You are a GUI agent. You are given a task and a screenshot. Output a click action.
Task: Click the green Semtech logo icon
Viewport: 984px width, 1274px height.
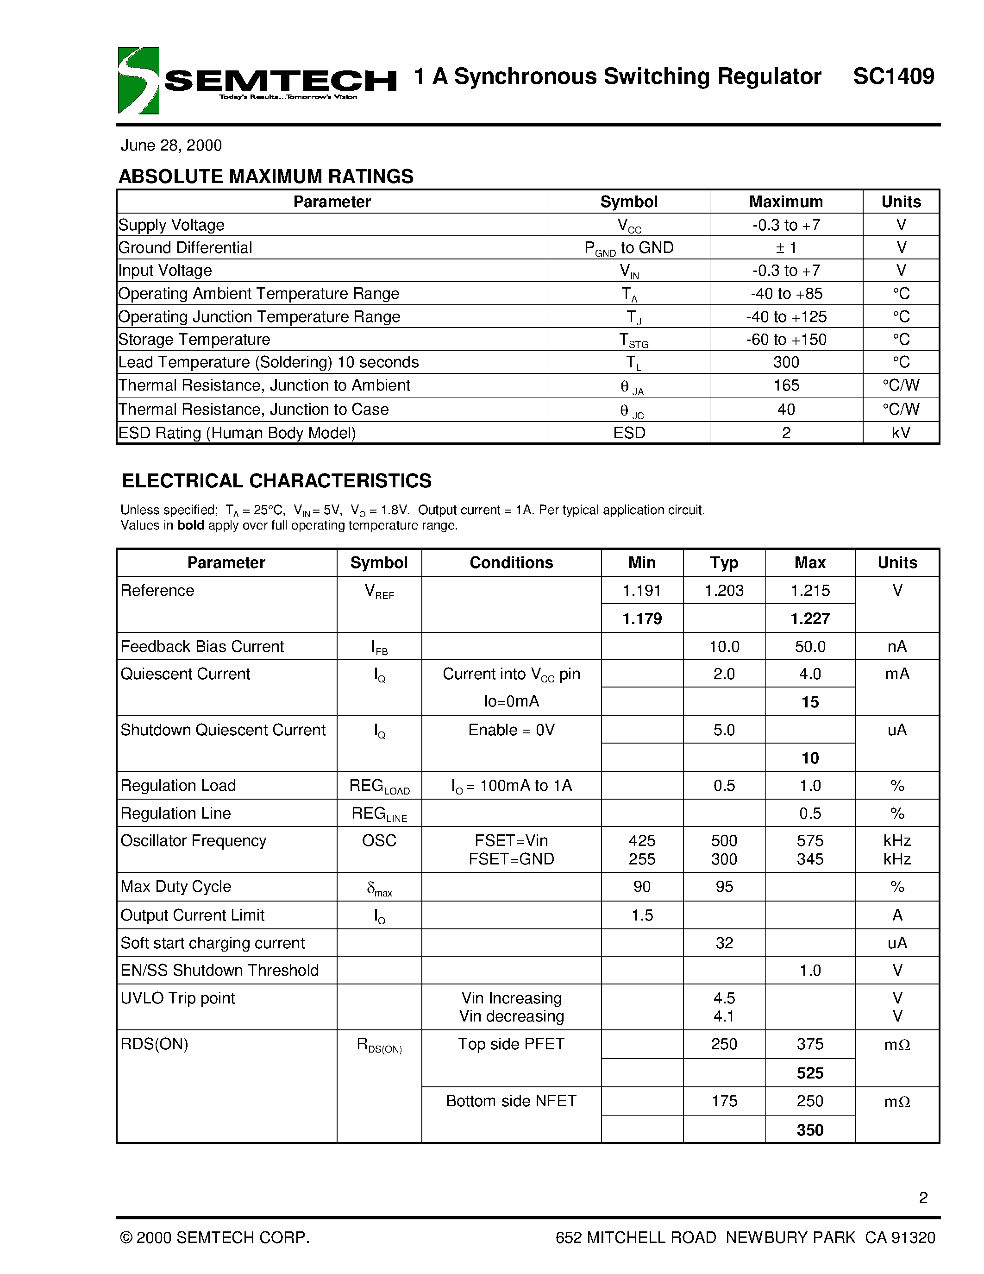[138, 81]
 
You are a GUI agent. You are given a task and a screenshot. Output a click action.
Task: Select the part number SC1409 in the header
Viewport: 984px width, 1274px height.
[893, 76]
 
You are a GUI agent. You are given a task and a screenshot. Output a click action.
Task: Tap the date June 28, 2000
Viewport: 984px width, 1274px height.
[171, 145]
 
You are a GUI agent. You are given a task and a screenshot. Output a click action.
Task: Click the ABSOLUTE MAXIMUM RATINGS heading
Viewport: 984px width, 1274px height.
[266, 176]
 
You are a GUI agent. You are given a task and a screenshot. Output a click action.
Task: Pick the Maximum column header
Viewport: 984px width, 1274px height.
[785, 202]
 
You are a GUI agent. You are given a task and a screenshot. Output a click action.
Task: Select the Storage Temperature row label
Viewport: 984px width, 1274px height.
[194, 340]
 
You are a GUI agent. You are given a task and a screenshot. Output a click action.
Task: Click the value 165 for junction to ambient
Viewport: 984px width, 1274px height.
[785, 385]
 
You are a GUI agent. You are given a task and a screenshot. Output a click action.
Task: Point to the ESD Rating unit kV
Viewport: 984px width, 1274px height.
[901, 433]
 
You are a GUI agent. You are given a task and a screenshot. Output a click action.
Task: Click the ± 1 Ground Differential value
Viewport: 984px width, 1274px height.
[785, 248]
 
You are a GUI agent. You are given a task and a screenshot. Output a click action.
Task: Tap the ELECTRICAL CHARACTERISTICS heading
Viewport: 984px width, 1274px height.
[276, 481]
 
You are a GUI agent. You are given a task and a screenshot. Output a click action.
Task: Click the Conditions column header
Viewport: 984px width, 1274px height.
[511, 562]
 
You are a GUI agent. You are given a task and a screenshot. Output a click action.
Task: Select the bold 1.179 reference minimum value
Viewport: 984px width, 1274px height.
[642, 618]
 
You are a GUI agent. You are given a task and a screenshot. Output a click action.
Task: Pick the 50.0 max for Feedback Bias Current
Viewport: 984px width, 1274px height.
[810, 646]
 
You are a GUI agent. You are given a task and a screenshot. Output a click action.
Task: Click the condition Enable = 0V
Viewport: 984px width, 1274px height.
[511, 730]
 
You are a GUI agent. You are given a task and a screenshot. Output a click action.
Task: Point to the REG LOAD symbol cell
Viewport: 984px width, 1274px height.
[379, 786]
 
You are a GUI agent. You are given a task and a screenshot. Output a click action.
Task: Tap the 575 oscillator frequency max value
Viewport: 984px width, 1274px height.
[810, 840]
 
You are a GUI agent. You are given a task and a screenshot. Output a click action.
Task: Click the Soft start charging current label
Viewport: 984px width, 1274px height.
[212, 943]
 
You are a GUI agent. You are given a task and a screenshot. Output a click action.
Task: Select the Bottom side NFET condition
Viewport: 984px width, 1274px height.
[511, 1101]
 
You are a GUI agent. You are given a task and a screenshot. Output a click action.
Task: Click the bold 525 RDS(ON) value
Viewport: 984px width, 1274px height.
[810, 1073]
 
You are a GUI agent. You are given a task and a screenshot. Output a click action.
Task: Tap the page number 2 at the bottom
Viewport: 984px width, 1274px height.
[923, 1198]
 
